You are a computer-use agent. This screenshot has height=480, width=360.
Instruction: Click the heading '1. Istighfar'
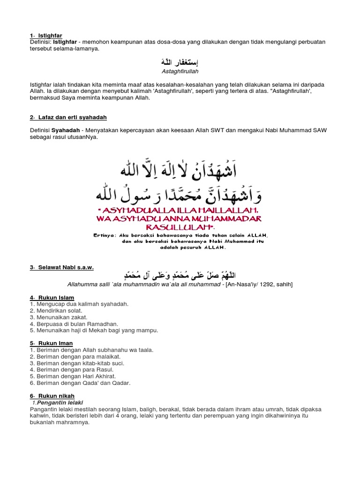point(45,35)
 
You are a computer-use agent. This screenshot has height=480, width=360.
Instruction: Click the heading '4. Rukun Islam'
point(52,298)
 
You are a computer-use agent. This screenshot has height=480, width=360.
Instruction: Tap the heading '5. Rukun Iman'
point(51,344)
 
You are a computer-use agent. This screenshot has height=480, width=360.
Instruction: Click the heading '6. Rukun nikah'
point(52,396)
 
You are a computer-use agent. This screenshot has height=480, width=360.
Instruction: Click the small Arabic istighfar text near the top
point(180,62)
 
